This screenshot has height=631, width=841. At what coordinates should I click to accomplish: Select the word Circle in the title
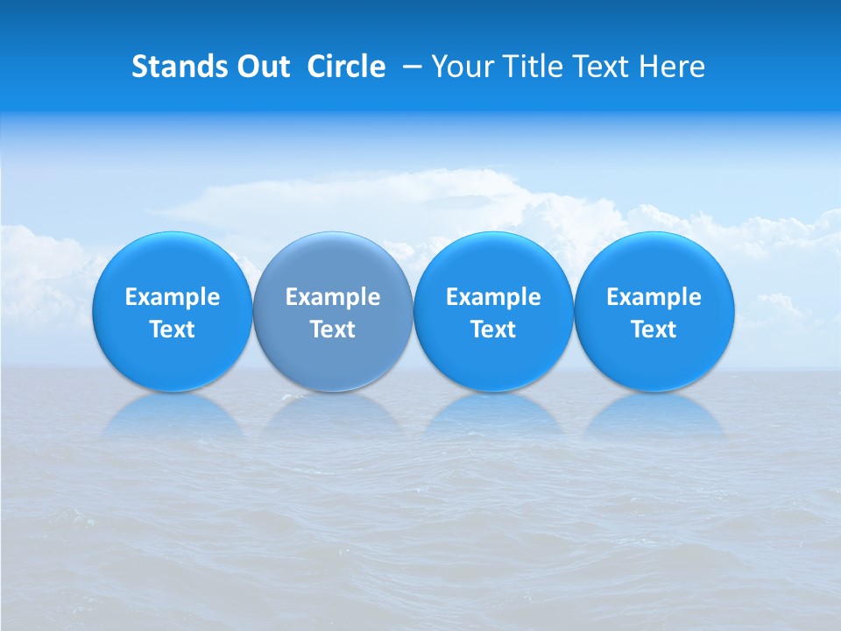click(x=346, y=67)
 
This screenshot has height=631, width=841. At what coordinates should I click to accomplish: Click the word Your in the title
click(x=460, y=67)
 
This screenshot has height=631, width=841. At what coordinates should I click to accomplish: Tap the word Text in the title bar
click(x=604, y=67)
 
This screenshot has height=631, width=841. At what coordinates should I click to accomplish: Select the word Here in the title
click(x=675, y=67)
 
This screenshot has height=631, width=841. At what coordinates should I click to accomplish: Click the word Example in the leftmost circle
click(x=172, y=297)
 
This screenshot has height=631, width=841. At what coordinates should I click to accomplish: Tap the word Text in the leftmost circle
click(x=172, y=330)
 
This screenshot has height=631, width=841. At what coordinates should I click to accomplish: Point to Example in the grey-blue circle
click(x=333, y=297)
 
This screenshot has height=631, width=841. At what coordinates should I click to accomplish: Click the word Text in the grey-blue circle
click(x=333, y=330)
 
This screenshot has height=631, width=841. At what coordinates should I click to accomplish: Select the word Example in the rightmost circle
click(x=654, y=297)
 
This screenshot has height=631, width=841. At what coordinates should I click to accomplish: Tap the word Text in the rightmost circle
click(x=654, y=330)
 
